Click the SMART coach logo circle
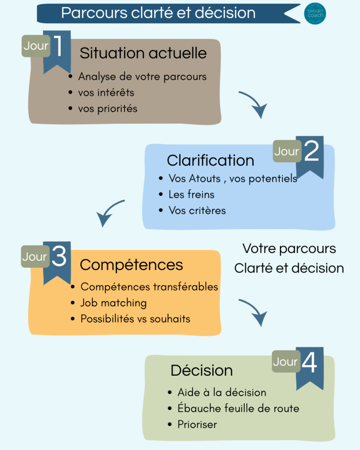315,14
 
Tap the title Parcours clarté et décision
158,13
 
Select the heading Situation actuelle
143,53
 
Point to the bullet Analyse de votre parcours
142,76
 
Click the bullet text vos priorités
108,109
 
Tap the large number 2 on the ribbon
311,152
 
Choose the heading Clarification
210,160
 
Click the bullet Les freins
191,194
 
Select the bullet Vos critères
197,210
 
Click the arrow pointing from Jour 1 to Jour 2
254,105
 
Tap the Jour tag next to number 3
35,257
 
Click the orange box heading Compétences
131,265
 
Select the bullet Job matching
113,303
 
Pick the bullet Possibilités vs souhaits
135,319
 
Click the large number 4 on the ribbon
309,363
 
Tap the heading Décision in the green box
201,370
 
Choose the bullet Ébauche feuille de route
238,408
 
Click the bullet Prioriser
197,425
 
